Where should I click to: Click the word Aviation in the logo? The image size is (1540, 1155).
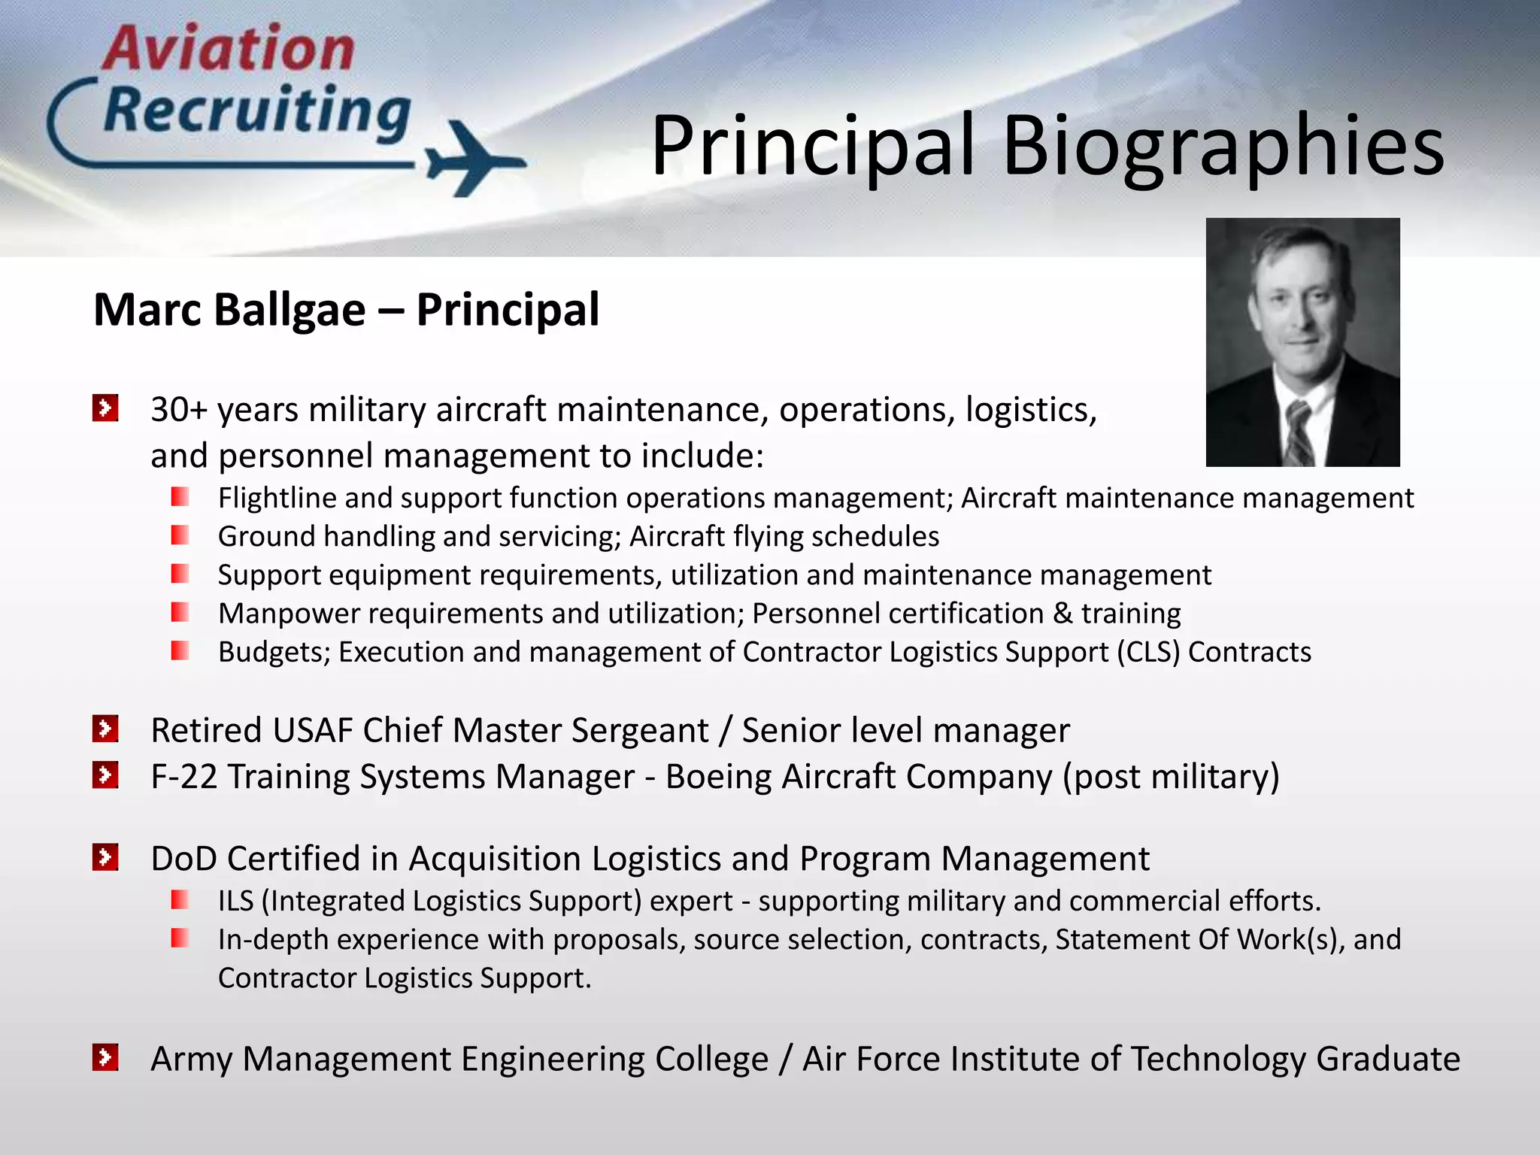coord(229,49)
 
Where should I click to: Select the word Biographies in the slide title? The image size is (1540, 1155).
coord(1223,146)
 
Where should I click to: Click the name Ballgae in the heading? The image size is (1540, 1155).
coord(290,310)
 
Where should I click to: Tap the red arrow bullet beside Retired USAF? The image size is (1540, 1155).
coord(105,729)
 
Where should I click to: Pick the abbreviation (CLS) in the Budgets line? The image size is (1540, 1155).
coord(1147,652)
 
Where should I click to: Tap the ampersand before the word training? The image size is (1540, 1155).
coord(1063,614)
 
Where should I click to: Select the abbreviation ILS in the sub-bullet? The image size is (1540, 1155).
coord(235,901)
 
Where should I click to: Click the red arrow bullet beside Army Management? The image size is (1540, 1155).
coord(105,1057)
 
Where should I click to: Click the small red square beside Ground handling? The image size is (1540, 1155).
coord(180,535)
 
